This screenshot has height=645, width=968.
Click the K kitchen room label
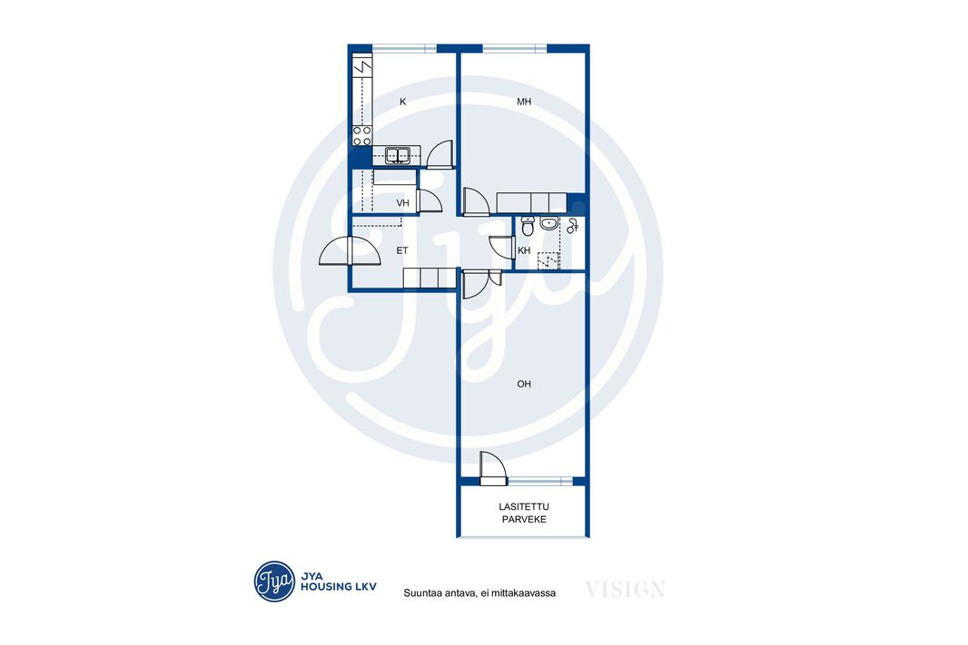tap(402, 102)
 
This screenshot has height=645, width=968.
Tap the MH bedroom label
tap(524, 102)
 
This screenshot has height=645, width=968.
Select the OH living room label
tap(524, 384)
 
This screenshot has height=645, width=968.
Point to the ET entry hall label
tap(402, 251)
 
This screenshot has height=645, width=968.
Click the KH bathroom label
tap(524, 251)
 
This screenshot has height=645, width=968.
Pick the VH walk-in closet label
tap(402, 203)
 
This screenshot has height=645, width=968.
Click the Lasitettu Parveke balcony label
tap(524, 513)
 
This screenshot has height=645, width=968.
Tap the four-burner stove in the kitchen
tap(361, 136)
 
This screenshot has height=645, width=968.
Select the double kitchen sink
tap(398, 155)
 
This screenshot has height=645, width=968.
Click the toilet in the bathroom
tap(528, 226)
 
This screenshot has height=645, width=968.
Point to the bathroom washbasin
tap(548, 223)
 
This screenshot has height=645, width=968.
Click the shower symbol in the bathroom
tap(572, 226)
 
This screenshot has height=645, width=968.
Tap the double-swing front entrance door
tap(350, 251)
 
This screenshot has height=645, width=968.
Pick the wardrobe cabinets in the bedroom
tap(531, 202)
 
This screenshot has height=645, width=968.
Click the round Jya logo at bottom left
tap(274, 581)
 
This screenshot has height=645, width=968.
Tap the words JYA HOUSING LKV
tap(339, 581)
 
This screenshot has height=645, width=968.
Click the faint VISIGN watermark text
tap(625, 590)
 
